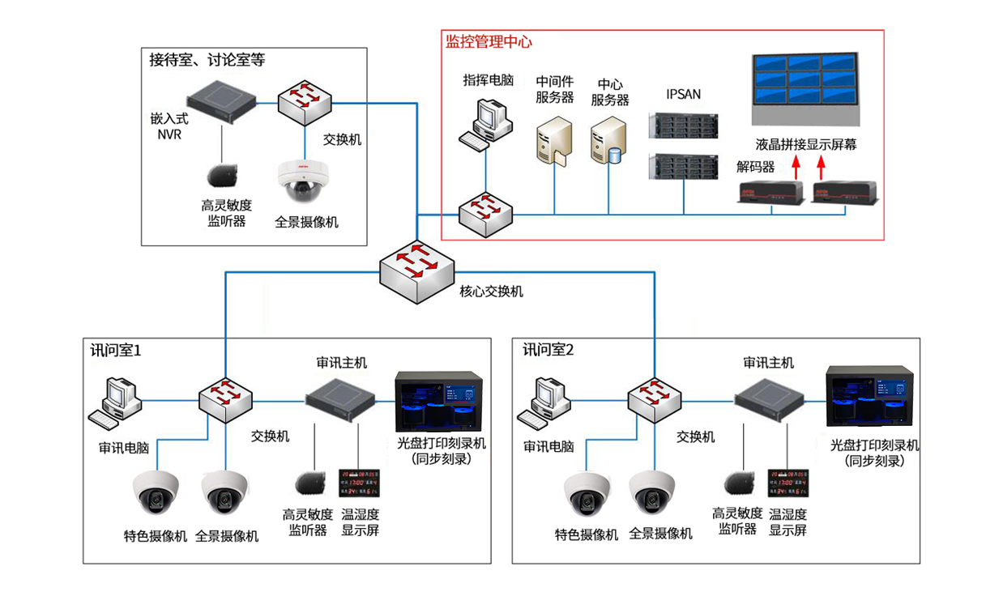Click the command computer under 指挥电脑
(x=489, y=122)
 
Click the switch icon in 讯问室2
(x=655, y=398)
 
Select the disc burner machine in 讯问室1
(x=439, y=402)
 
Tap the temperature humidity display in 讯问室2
(x=787, y=482)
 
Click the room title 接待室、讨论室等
(x=207, y=60)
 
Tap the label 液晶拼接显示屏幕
(x=805, y=145)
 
